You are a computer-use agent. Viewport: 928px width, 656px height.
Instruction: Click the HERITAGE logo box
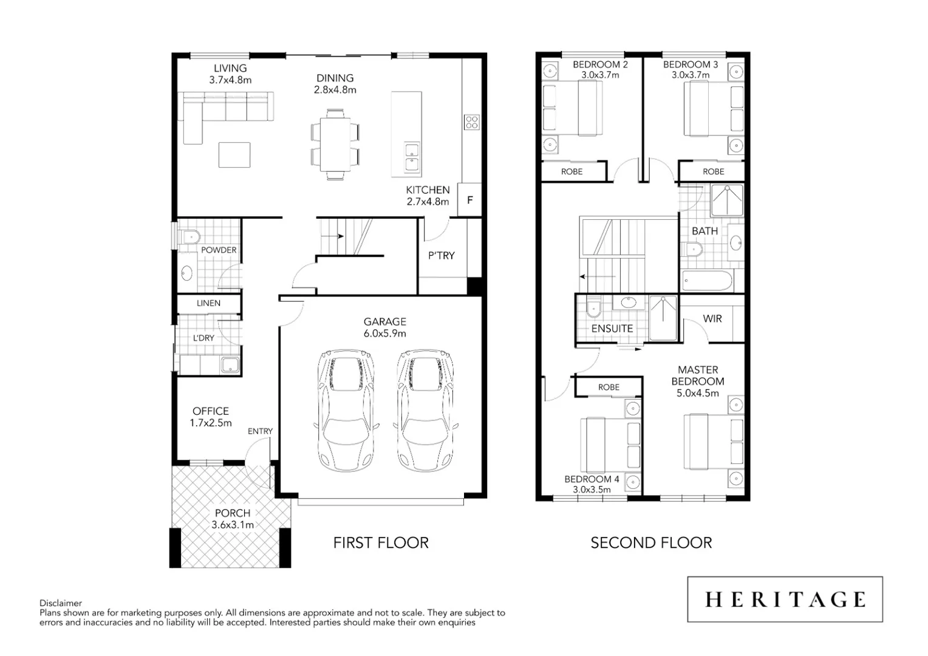tap(785, 600)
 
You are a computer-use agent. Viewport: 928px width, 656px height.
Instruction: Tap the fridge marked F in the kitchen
tap(469, 200)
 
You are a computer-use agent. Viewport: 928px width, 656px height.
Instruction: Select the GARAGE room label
tap(384, 322)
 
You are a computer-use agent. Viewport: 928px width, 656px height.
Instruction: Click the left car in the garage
tap(346, 410)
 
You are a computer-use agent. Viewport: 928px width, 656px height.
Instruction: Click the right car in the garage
tap(424, 410)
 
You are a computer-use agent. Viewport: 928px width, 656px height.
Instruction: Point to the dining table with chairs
tap(335, 145)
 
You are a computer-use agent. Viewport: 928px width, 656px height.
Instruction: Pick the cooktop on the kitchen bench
tap(472, 122)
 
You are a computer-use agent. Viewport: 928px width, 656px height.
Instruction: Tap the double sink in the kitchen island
tap(412, 157)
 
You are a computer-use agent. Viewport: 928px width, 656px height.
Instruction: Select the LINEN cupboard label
tap(208, 303)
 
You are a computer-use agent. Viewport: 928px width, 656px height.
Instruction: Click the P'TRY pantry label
tap(441, 256)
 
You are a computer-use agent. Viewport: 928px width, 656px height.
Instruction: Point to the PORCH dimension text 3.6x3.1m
tap(233, 525)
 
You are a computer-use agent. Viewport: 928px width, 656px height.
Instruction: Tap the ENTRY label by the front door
tap(260, 431)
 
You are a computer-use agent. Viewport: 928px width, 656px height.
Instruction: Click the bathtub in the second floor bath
tap(707, 281)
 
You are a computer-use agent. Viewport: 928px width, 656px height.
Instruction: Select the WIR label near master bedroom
tap(712, 319)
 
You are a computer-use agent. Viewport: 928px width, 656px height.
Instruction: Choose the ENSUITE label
tap(612, 329)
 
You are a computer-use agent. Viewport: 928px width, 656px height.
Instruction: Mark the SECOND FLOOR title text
tap(651, 542)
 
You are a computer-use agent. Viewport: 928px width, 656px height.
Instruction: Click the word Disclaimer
tap(61, 603)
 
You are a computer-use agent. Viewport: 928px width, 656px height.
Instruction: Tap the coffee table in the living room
tap(234, 155)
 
